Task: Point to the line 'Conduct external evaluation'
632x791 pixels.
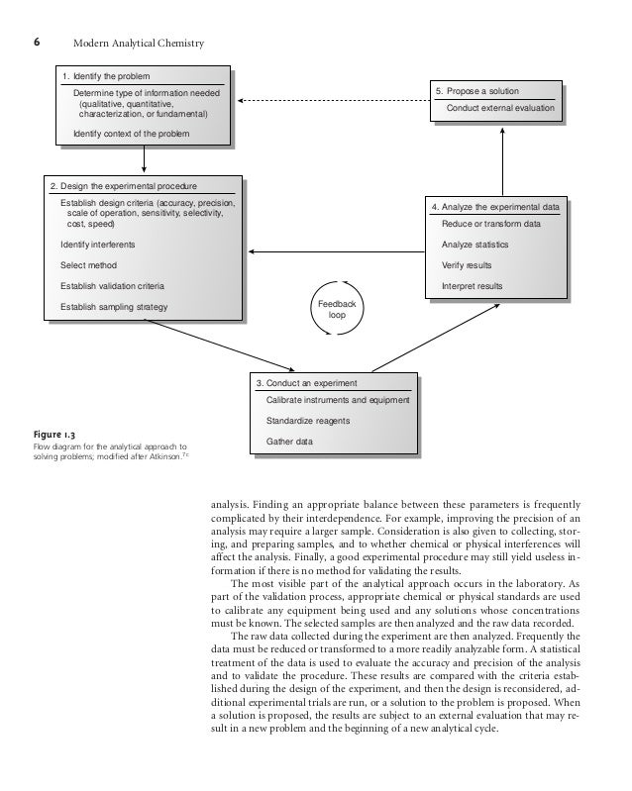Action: pos(500,107)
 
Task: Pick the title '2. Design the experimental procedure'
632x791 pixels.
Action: pos(124,185)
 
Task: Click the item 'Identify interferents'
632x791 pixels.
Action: pos(98,244)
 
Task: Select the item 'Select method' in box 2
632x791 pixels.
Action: pos(88,265)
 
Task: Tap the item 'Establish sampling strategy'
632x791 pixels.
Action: pos(114,307)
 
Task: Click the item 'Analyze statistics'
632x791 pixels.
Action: pos(475,245)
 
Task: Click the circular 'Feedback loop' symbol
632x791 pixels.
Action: pos(335,310)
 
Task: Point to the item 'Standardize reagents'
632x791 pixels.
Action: pos(308,420)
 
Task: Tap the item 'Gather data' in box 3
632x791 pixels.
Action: pos(289,441)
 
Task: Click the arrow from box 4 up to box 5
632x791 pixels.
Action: pos(502,157)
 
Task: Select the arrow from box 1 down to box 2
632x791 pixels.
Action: pos(145,156)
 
